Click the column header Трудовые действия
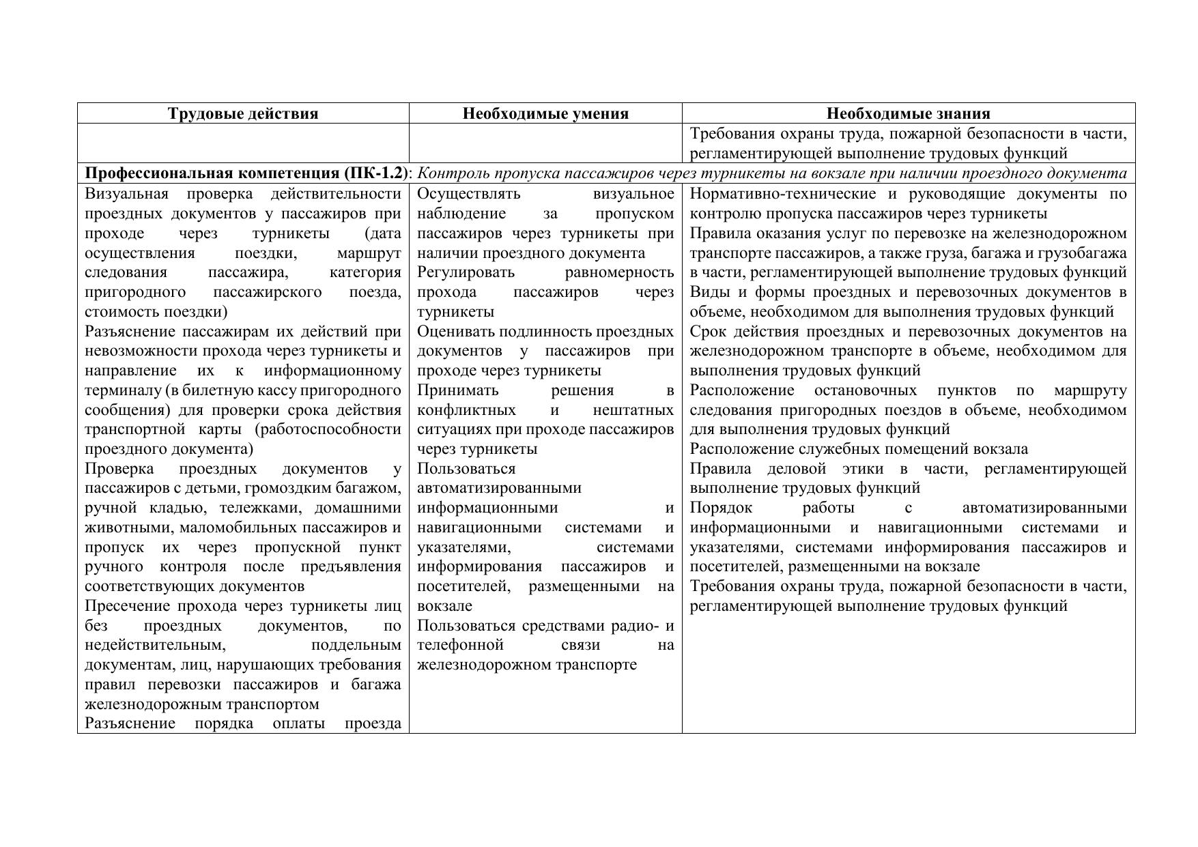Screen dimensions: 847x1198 pos(243,113)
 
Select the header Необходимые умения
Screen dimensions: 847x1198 pos(545,113)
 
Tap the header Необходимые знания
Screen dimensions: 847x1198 pos(909,113)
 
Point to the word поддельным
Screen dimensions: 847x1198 pos(356,645)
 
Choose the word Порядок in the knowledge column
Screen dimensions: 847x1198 pos(721,508)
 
